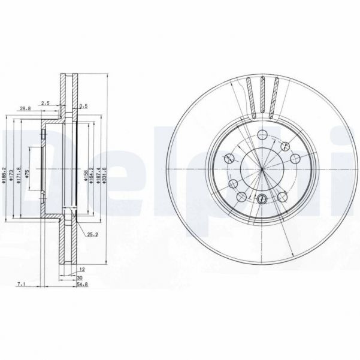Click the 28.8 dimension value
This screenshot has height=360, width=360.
(25, 108)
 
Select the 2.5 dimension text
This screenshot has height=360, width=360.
(45, 104)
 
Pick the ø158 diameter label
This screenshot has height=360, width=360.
(85, 174)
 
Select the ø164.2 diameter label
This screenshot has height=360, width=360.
(91, 174)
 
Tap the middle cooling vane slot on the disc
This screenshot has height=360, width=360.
(264, 96)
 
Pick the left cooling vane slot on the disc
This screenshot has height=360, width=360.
(250, 98)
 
